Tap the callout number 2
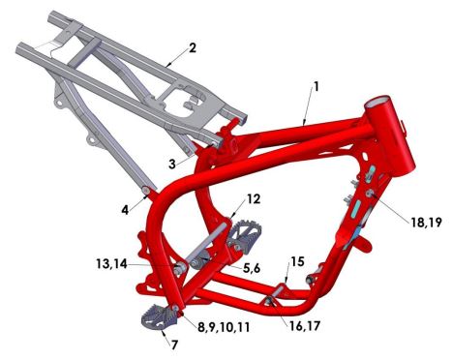click(x=193, y=48)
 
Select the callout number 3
click(x=172, y=164)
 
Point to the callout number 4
click(x=125, y=210)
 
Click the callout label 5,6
click(x=252, y=267)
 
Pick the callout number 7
click(x=174, y=345)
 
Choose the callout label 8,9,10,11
click(x=224, y=327)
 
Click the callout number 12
click(x=254, y=199)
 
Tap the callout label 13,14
click(x=111, y=264)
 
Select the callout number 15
click(x=297, y=261)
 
